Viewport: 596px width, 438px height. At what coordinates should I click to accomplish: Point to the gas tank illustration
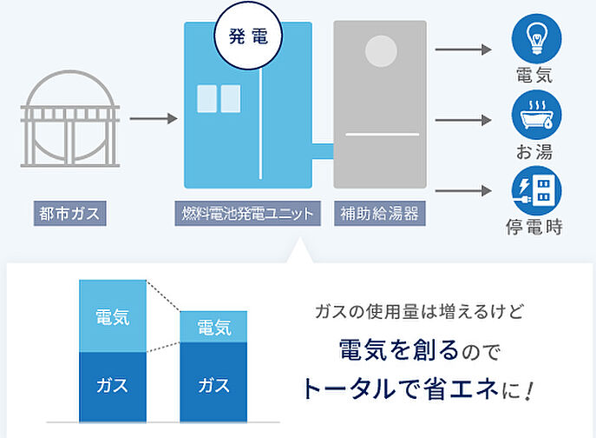click(x=68, y=121)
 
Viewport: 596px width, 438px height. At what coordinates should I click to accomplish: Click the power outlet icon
click(x=535, y=189)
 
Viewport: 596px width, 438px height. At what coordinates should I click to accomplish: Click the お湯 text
click(x=535, y=152)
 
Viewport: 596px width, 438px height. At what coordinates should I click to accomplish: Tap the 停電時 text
click(x=535, y=228)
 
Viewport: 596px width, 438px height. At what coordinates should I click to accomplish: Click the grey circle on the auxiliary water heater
click(x=379, y=53)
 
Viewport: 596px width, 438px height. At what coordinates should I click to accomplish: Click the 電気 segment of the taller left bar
click(x=113, y=316)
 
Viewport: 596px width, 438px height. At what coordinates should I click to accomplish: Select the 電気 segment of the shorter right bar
click(x=213, y=328)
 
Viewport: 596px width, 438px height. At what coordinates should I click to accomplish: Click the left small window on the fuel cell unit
click(x=207, y=98)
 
